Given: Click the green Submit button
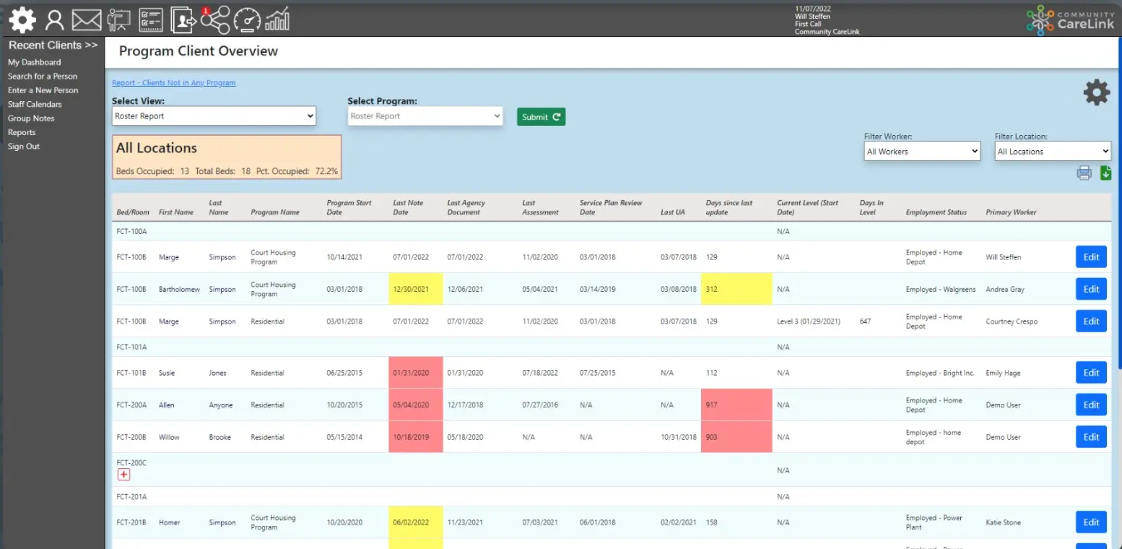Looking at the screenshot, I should coord(541,116).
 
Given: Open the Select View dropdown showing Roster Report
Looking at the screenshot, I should coord(214,116).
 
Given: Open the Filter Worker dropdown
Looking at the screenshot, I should coord(922,151).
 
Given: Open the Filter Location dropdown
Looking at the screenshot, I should coord(1052,151).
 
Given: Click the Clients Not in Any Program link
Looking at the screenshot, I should coord(173,82).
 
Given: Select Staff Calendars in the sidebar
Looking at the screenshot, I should coord(35,104).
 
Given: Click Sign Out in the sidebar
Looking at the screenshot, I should coord(24,146).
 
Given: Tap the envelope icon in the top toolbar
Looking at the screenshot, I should coord(87,20).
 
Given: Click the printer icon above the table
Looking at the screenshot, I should coord(1084,173).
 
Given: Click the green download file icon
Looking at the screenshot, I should coord(1105,173).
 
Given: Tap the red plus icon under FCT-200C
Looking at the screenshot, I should coord(123,475).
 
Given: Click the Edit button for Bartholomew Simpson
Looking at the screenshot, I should coord(1090,289).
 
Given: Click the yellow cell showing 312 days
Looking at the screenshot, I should coord(736,289).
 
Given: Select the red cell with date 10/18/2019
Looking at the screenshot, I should coord(415,437).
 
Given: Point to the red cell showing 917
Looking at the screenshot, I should coord(736,405).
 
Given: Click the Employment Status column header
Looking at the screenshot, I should coord(936,212).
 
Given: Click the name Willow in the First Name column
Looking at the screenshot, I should coord(169,437).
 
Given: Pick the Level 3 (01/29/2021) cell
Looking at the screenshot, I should coord(808,321).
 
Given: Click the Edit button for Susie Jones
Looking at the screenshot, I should coord(1090,373).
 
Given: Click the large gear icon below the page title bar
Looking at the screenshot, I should coord(1096,92).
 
